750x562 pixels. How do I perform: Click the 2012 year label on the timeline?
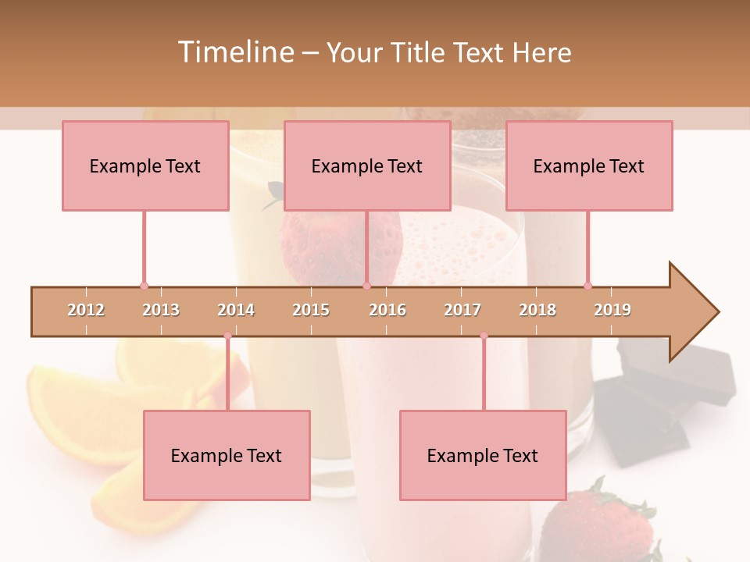86,311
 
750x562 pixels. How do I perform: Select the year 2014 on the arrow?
235,311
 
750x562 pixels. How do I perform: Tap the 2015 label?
311,311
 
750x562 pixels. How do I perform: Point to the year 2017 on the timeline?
462,311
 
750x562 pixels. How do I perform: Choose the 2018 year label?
537,311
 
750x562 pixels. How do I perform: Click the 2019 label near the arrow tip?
612,311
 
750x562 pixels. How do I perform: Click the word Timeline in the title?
234,52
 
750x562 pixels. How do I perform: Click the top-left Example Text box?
145,166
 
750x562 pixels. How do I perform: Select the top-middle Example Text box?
367,166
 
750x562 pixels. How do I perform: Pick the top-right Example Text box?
589,166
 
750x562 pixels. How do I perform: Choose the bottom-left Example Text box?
227,456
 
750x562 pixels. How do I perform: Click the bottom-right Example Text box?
483,456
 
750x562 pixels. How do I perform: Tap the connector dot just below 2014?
227,336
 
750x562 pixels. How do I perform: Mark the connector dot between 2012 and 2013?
144,286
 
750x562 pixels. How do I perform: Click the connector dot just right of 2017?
484,336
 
